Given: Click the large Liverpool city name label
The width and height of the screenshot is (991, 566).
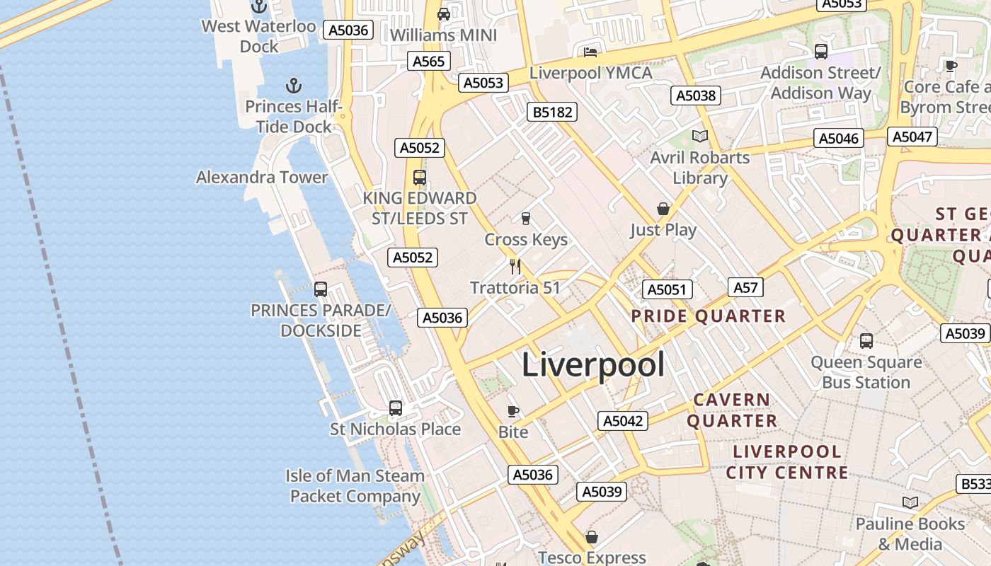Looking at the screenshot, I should [x=593, y=365].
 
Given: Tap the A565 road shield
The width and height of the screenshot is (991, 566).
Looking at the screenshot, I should [x=428, y=61].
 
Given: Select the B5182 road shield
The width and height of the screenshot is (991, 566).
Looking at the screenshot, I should [x=552, y=112].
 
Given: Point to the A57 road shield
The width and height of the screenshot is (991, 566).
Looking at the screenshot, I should [x=746, y=287].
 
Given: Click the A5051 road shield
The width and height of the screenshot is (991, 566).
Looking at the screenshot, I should [x=667, y=289].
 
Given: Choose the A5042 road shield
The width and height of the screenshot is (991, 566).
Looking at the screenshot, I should [x=623, y=421].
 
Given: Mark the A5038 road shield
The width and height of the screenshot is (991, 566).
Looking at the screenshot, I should [x=696, y=96].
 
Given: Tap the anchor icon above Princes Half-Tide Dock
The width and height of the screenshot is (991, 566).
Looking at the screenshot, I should [x=294, y=86].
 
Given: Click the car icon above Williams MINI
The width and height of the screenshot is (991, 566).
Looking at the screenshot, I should [x=444, y=13].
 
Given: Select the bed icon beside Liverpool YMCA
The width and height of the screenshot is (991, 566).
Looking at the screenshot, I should [x=590, y=52].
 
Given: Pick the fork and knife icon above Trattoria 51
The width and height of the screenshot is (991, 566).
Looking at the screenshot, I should [x=515, y=267].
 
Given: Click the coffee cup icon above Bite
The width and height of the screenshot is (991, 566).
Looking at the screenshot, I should [x=513, y=411].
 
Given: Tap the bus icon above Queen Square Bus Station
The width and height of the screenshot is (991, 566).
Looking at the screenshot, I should [x=866, y=341].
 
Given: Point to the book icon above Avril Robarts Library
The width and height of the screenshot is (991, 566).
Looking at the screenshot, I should [x=700, y=136].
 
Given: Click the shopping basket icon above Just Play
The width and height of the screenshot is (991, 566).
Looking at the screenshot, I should [x=663, y=209].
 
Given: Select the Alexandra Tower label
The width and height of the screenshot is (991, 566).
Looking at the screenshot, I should [x=262, y=177].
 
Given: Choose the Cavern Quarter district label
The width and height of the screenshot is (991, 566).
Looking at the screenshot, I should [x=732, y=410].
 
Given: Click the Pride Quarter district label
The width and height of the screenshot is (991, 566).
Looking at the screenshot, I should [x=708, y=316].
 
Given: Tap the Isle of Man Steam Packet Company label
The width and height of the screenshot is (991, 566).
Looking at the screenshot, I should [x=355, y=486].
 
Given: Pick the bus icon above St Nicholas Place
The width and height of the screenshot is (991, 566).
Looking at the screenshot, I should [x=396, y=408].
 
